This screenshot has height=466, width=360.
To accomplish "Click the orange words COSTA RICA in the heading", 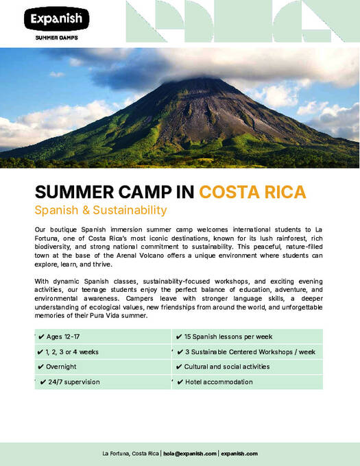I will (x=252, y=191).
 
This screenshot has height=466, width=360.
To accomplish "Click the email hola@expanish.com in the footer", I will (x=190, y=454).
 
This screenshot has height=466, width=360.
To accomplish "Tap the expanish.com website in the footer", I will (x=239, y=454).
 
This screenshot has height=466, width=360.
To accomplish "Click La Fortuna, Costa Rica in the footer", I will (x=130, y=454).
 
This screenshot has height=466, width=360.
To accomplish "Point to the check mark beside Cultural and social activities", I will (x=179, y=367).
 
